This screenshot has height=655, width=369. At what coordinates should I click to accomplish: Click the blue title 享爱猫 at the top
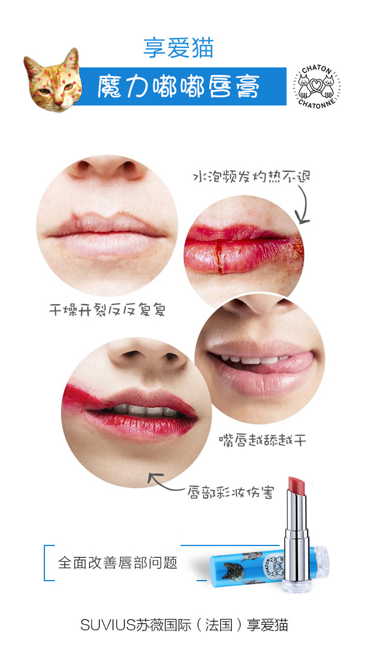(x=178, y=48)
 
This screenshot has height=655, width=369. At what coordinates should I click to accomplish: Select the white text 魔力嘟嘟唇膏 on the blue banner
(x=178, y=87)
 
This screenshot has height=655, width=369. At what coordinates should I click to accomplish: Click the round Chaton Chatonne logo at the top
(x=317, y=86)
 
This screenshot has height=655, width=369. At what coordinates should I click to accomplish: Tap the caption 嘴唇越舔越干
(x=262, y=440)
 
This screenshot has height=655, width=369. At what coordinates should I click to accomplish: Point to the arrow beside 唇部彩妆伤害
(x=166, y=483)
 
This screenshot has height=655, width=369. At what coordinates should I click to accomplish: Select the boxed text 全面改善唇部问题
(x=118, y=563)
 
